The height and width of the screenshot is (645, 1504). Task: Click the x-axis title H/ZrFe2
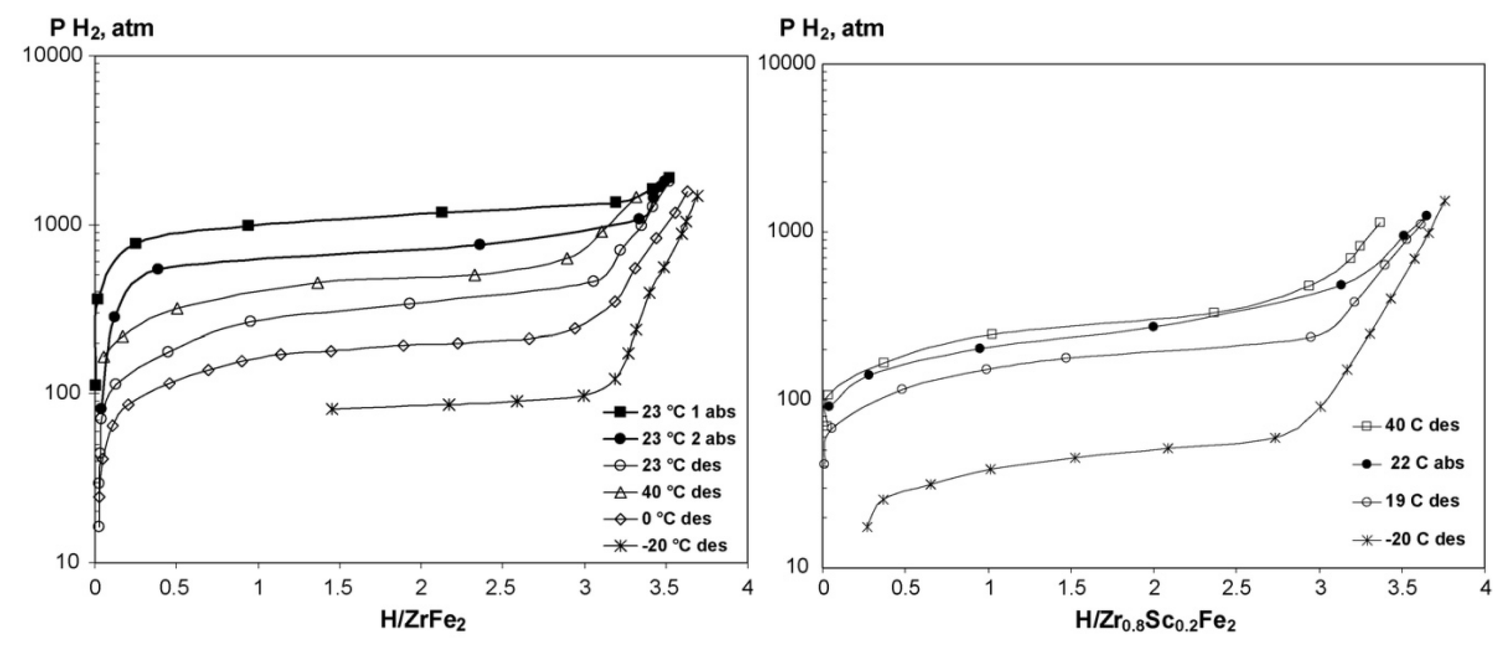pyautogui.click(x=423, y=620)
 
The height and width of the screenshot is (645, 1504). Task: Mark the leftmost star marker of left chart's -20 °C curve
pyautogui.click(x=333, y=409)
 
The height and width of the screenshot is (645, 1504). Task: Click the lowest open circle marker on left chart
pyautogui.click(x=99, y=526)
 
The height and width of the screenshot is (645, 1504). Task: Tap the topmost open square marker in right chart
pyautogui.click(x=1379, y=222)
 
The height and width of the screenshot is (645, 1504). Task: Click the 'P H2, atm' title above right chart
pyautogui.click(x=832, y=28)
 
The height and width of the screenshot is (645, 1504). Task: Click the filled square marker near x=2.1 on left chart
pyautogui.click(x=442, y=212)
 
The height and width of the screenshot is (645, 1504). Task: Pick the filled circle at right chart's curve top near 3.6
pyautogui.click(x=1426, y=215)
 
